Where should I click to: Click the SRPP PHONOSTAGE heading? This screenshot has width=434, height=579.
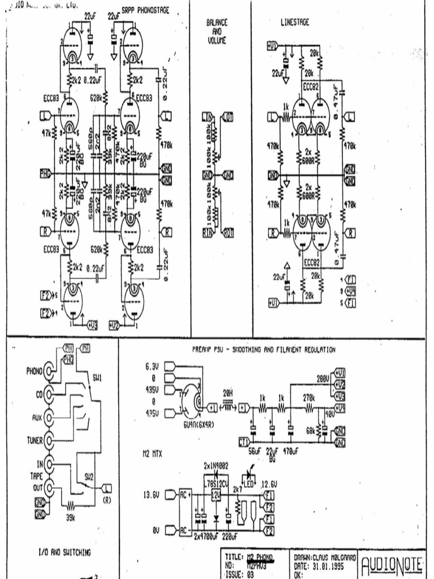145,11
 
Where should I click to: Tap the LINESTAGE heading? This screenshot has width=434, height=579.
294,23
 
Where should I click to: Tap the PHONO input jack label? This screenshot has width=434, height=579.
34,371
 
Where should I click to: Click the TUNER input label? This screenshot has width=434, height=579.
34,439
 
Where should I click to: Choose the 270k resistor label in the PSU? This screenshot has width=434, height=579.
309,398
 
